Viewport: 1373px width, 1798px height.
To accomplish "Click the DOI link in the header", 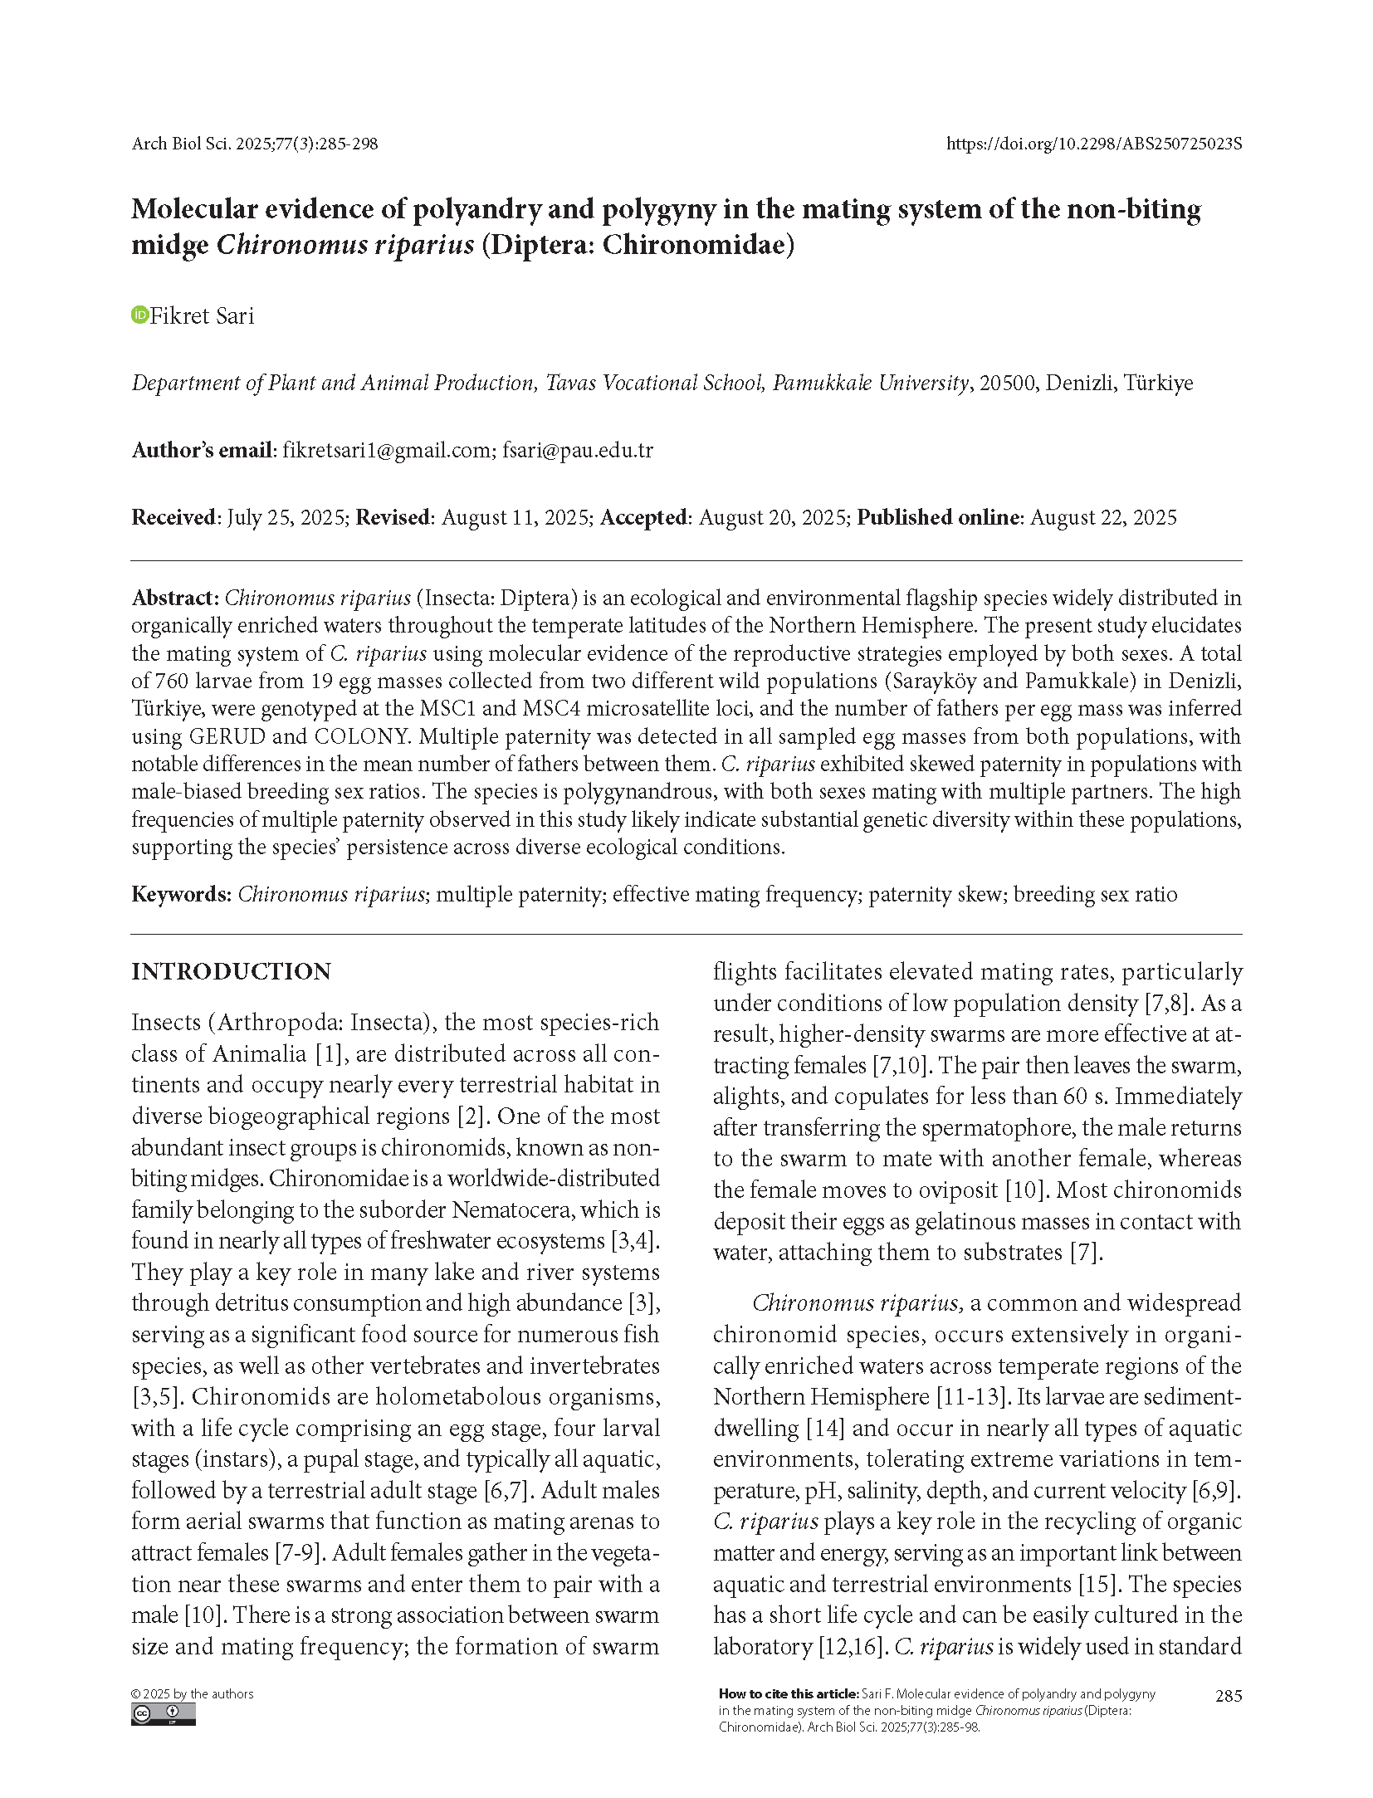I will [1094, 144].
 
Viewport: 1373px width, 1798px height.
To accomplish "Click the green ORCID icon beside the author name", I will [139, 315].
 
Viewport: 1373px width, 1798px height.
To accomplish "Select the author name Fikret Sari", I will [202, 316].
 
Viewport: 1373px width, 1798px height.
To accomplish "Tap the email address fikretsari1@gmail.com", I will [386, 450].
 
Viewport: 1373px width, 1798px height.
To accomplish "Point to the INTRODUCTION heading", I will [231, 971].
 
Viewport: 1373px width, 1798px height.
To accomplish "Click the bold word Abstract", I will [174, 598].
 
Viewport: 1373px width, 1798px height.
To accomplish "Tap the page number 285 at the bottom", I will [1228, 1696].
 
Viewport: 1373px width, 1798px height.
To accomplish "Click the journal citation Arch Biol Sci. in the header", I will [182, 144].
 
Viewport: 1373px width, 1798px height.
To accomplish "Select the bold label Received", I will [173, 517].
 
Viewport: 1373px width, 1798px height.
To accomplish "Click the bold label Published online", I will [937, 517].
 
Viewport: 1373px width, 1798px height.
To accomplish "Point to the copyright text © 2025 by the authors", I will [193, 1694].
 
